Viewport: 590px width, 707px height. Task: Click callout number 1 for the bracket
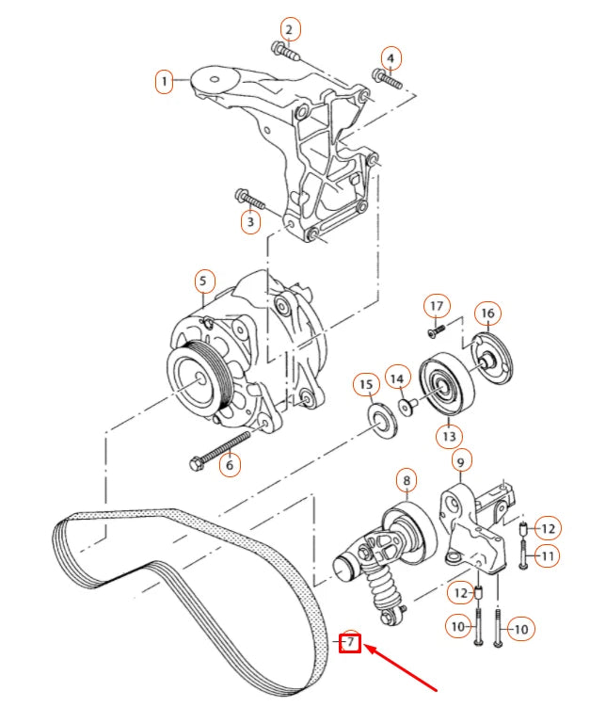coord(166,82)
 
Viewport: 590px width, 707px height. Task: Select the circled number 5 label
coord(204,280)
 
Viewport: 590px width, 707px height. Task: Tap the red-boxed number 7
coord(349,643)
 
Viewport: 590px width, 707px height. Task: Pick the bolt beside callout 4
coord(386,79)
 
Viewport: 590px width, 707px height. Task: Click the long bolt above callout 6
coord(222,446)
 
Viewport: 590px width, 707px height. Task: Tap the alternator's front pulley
coord(197,377)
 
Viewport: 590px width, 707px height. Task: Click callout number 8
coord(406,481)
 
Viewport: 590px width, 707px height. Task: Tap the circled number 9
coord(460,461)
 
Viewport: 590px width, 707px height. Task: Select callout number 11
coord(547,555)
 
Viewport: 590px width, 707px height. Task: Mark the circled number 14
coord(398,378)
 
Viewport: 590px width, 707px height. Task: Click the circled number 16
coord(486,313)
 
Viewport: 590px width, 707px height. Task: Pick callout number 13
coord(449,436)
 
